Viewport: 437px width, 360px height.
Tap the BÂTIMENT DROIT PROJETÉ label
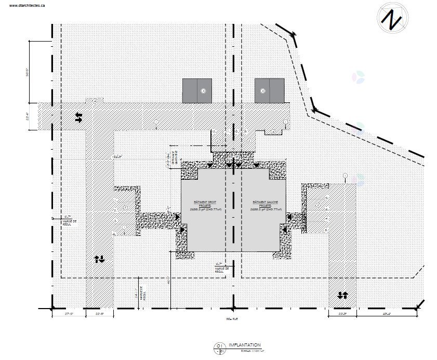[x=194, y=205]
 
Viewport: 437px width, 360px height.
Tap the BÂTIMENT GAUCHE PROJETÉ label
[x=265, y=205]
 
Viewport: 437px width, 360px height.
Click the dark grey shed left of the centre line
[x=197, y=90]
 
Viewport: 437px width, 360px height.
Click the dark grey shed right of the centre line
[x=269, y=90]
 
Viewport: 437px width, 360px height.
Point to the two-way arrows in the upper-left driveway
[x=78, y=117]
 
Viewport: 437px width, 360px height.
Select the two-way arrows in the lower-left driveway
[x=100, y=258]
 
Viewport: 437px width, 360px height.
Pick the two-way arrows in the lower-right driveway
[x=342, y=295]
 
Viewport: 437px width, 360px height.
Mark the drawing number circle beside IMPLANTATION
[x=220, y=348]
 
